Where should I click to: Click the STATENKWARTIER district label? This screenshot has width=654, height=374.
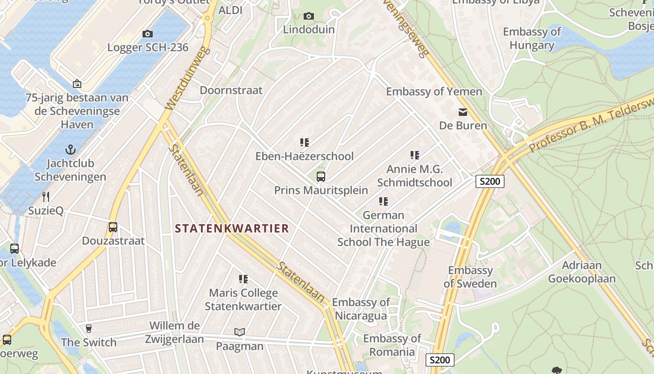point(232,228)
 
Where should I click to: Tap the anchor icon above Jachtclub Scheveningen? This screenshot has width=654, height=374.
point(70,150)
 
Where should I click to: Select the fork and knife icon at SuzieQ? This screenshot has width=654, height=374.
point(46,196)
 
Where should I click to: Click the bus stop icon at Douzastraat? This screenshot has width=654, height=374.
point(113,227)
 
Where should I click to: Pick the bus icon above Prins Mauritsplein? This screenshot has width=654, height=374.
point(321,176)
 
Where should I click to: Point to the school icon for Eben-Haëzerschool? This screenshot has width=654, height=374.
point(305,142)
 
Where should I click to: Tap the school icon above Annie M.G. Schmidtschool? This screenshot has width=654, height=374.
point(415,155)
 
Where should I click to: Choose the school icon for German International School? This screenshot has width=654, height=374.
point(384,201)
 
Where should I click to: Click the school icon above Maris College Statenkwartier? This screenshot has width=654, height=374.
point(243,279)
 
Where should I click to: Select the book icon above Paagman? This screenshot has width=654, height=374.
point(240,332)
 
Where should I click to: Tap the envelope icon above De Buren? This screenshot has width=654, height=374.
point(463,112)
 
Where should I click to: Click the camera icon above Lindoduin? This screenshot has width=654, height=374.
point(308,16)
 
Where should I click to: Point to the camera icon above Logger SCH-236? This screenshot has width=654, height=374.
point(148,34)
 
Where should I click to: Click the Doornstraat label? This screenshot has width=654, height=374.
point(231,90)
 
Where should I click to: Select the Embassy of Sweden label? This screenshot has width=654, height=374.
point(470,277)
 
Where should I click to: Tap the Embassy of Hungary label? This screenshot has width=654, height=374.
point(532,38)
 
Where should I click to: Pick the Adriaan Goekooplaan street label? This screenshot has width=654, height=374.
point(582,272)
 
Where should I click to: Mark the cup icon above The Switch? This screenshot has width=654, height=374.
point(89,328)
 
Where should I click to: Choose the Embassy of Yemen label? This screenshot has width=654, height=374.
point(434,91)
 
